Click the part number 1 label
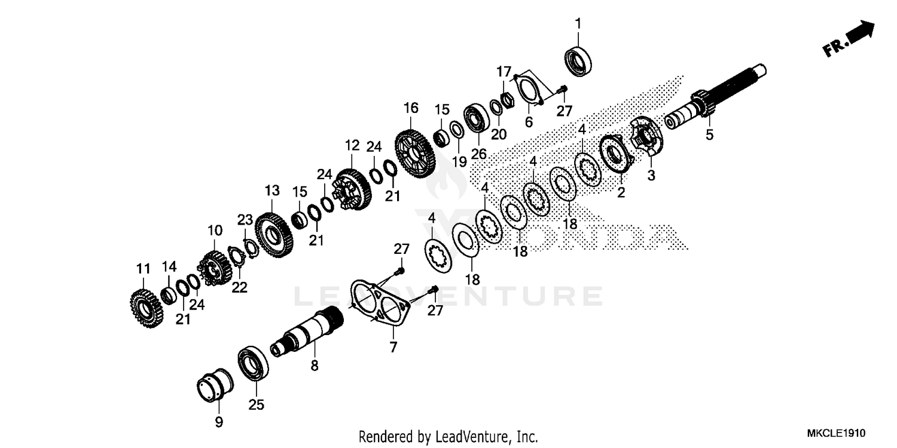[x=578, y=23]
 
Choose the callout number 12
[x=352, y=145]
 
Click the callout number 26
[x=478, y=154]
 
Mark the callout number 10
[x=215, y=230]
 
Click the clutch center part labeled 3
[x=646, y=137]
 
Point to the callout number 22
[x=239, y=288]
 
